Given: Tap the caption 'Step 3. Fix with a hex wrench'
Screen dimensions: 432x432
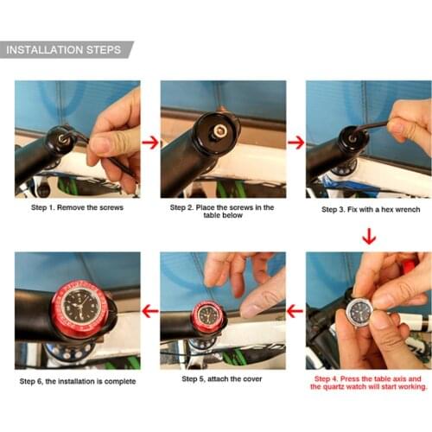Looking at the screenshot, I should [370, 209].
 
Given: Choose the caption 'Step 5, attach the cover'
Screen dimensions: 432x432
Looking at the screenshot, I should [222, 378].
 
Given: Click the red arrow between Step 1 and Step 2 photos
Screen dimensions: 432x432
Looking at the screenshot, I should [150, 143].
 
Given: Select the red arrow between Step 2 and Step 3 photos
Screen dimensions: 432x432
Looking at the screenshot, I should [295, 143].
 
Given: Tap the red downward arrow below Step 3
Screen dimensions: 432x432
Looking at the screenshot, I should [369, 236].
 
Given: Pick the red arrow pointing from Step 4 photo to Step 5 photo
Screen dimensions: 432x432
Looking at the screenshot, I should [295, 310].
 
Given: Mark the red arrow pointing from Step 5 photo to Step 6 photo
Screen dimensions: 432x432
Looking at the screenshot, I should [150, 310].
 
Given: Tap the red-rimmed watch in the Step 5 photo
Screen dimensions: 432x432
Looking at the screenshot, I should [208, 316].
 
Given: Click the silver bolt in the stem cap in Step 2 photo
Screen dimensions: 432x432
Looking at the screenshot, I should [220, 130].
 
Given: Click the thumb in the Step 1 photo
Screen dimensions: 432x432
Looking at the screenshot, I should [102, 143].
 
